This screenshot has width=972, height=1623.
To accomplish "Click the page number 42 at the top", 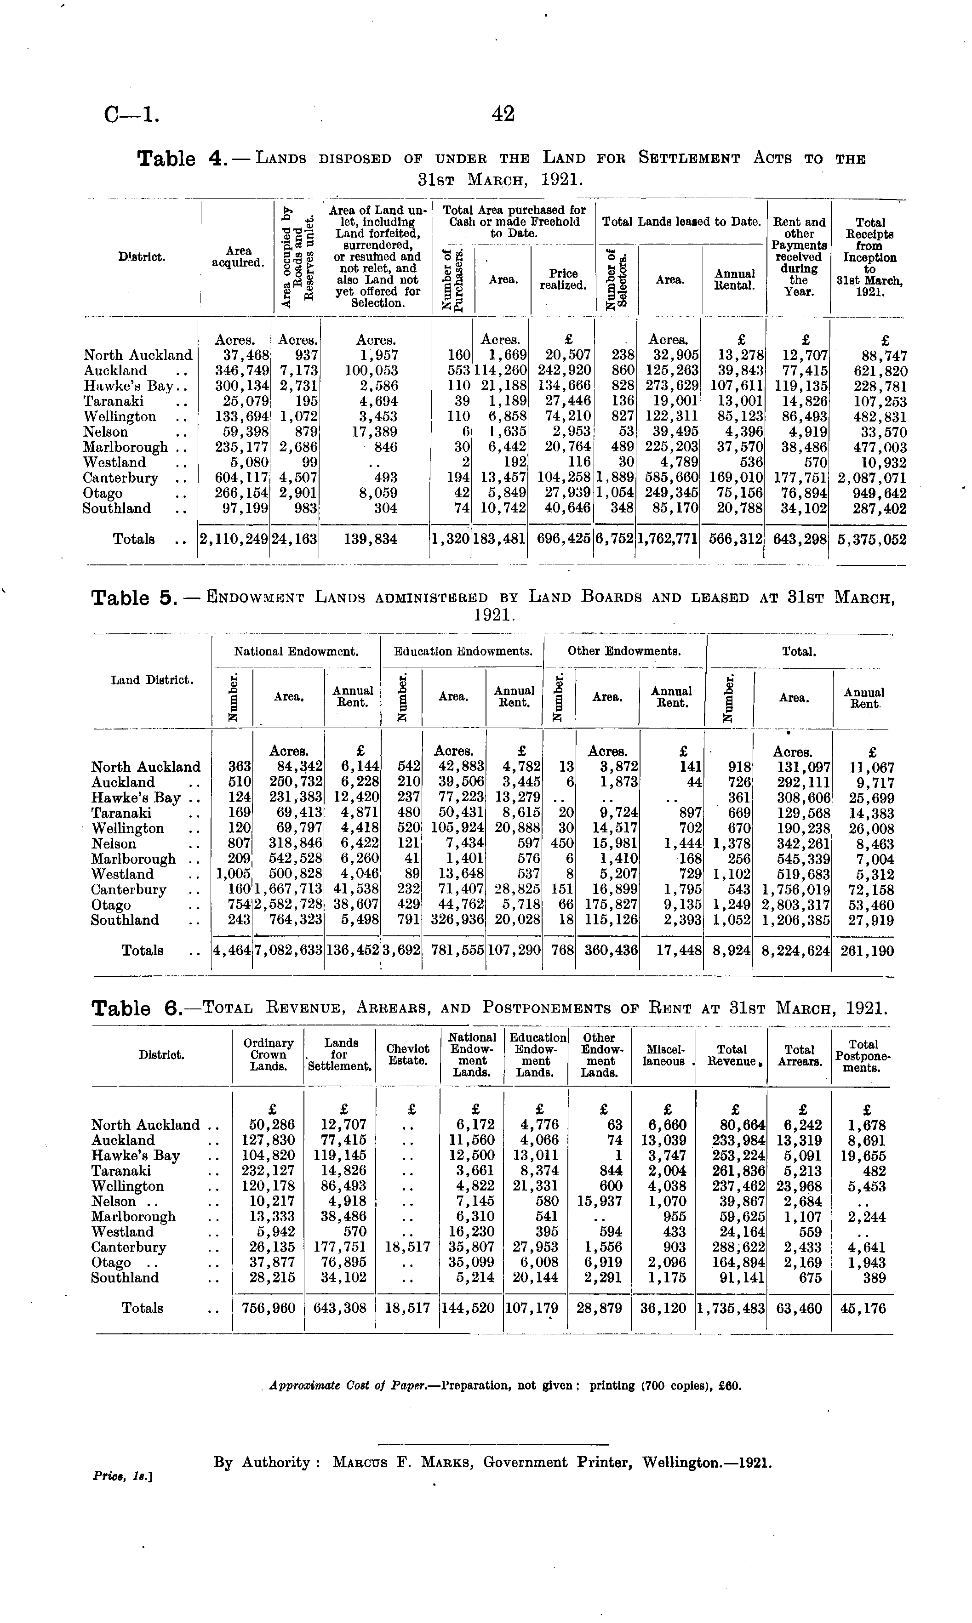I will [503, 114].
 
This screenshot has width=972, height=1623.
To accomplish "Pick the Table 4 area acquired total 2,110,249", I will [234, 540].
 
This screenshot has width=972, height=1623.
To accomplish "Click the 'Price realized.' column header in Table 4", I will [563, 279].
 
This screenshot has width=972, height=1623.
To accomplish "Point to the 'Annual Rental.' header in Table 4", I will [734, 279].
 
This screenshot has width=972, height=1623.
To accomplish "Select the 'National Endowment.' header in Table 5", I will [297, 651].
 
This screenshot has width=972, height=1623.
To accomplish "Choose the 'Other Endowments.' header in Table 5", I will [624, 651].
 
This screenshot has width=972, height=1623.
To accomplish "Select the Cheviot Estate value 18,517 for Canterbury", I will [407, 1247].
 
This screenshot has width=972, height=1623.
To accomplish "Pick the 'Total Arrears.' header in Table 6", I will [799, 1055].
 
